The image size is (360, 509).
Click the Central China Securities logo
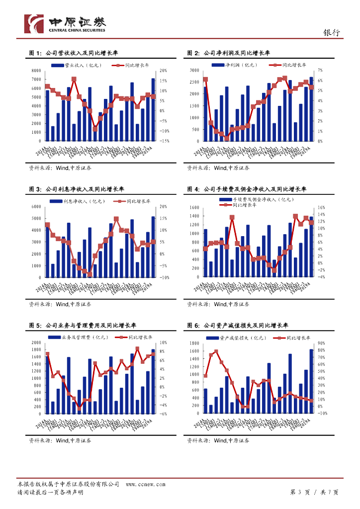point(65,23)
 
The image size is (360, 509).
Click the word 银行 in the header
point(332,32)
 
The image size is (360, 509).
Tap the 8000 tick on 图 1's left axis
point(35,71)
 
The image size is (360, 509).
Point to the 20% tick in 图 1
point(164,71)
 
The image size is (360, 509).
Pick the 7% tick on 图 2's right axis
point(320,71)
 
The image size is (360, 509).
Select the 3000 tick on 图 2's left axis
point(193,71)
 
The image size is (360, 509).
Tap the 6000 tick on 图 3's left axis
point(35,207)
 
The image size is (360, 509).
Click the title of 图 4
point(247,189)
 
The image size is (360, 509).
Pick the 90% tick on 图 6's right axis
point(321,343)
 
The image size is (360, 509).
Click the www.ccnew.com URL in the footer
point(145,484)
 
